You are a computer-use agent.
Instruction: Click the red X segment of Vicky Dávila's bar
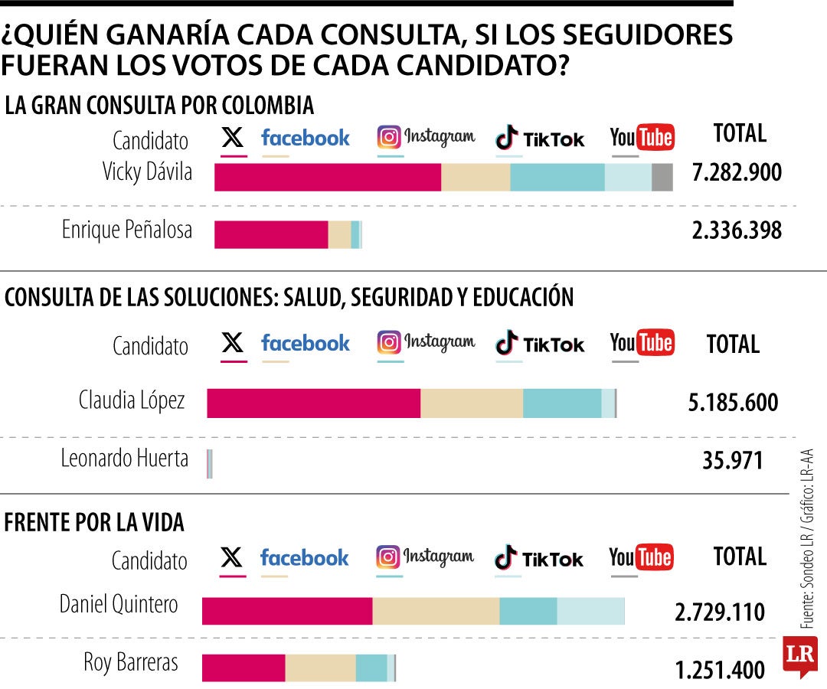(328, 178)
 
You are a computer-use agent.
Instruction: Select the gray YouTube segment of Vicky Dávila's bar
(662, 178)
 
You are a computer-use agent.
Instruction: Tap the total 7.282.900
(737, 172)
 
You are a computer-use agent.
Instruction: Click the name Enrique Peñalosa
(127, 230)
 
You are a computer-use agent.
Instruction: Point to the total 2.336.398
(737, 230)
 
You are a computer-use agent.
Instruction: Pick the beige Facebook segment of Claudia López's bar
(472, 403)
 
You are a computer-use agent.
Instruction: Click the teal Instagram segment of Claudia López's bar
(562, 403)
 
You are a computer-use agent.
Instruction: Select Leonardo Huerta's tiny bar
(210, 464)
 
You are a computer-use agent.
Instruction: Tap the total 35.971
(733, 461)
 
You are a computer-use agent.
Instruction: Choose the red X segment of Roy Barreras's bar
(244, 668)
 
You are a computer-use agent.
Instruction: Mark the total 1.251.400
(720, 671)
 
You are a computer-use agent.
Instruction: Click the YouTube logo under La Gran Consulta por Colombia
(642, 137)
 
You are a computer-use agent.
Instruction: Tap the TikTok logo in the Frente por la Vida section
(539, 558)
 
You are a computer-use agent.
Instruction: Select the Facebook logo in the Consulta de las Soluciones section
(305, 343)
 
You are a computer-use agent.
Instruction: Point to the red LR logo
(799, 655)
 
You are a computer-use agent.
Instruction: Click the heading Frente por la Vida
(94, 523)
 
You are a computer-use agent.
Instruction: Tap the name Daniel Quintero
(119, 605)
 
